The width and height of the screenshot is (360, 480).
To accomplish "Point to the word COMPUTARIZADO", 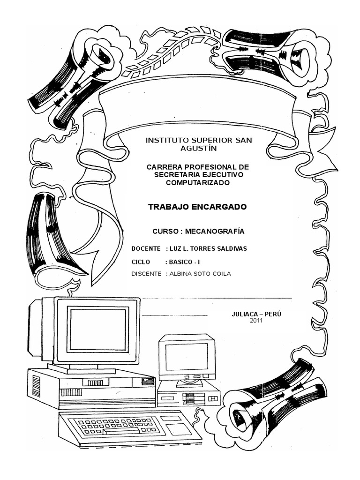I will click(x=198, y=182).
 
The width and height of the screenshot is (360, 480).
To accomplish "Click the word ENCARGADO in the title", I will click(x=219, y=207).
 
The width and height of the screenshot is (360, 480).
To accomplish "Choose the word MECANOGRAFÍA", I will click(x=215, y=231).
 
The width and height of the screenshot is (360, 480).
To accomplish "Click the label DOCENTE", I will click(x=146, y=248).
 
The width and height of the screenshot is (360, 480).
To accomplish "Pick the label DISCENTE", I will click(x=146, y=274).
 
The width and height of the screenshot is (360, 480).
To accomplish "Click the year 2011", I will click(x=256, y=321).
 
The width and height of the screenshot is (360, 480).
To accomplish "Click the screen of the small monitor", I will click(x=186, y=356).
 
